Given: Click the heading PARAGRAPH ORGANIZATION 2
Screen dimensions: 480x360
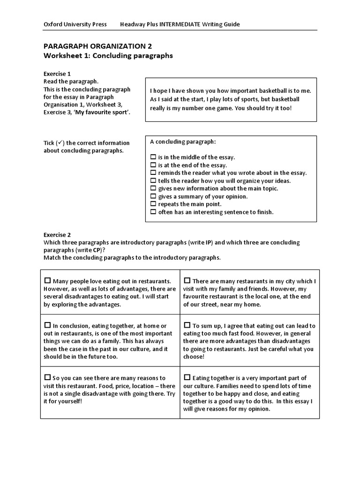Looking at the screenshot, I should tap(97, 46).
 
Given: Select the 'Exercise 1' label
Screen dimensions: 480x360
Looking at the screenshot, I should tap(57, 74).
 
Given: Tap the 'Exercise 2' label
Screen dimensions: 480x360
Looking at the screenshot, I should tap(57, 235).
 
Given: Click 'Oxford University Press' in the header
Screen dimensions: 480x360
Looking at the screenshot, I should tap(75, 24).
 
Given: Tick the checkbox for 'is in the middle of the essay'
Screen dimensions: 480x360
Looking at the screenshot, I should tap(153, 157).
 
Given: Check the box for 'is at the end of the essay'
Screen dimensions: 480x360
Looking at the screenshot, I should tap(153, 165).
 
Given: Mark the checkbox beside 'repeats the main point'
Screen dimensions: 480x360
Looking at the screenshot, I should tap(153, 204).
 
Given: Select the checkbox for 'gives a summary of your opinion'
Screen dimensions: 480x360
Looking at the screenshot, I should tap(153, 196).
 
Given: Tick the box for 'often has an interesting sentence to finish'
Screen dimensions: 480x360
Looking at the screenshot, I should tap(153, 212).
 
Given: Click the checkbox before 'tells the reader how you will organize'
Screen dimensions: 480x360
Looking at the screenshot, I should tap(153, 181).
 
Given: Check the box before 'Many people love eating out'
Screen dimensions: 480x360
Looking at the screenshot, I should tap(47, 281).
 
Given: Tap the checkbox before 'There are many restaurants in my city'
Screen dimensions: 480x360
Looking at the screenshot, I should tap(187, 281).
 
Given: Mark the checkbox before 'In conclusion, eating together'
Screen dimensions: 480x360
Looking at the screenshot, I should tap(47, 325).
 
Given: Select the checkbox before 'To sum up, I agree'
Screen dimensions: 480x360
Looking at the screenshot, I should tap(187, 325).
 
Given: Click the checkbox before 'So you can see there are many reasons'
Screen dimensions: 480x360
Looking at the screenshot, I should tap(47, 377).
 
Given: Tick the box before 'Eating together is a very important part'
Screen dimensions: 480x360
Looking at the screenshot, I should tap(187, 377).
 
